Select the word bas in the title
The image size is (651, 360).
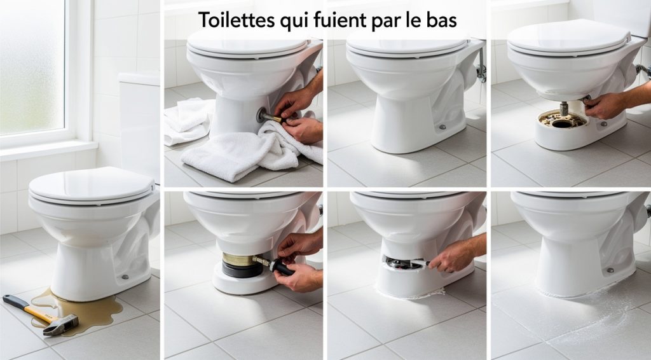tap(442, 20)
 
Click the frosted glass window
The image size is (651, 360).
tap(32, 67)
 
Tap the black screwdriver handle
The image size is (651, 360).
tap(282, 268)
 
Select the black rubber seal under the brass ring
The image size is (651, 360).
tap(242, 270)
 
